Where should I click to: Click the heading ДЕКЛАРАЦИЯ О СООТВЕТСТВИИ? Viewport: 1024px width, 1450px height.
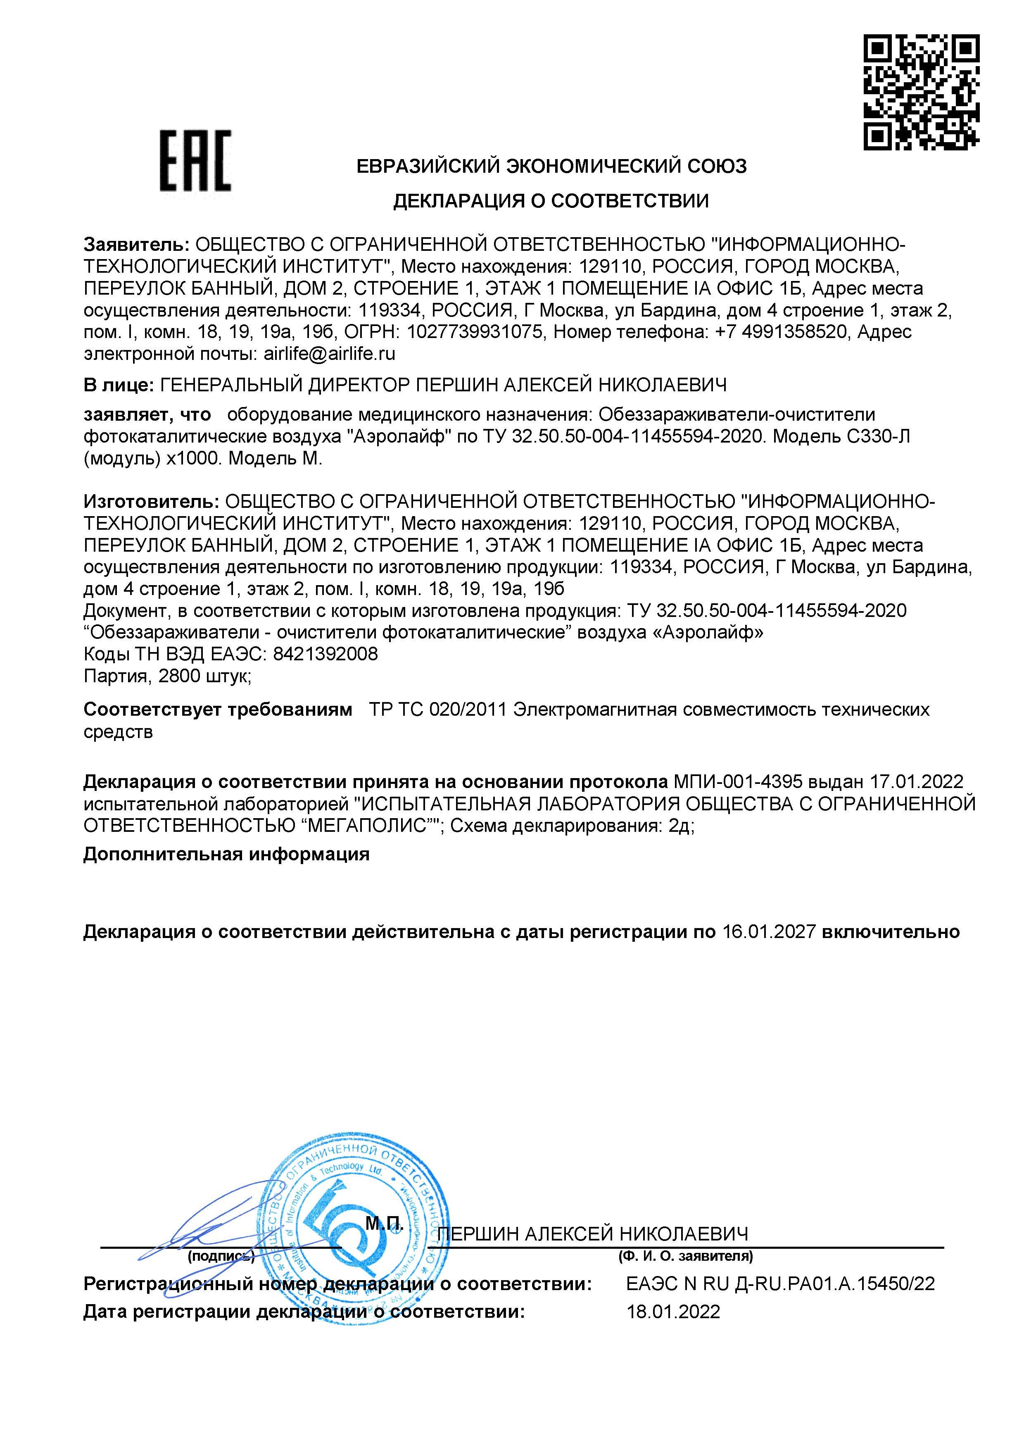551,201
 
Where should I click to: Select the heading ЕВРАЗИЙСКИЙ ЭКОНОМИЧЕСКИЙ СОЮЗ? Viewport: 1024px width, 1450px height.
551,166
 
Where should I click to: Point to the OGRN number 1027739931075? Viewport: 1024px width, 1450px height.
475,331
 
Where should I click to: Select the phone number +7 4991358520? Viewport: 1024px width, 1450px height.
780,331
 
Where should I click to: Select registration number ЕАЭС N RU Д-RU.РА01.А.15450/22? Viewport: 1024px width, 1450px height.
780,1284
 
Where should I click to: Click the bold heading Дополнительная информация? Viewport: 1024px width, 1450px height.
226,855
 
